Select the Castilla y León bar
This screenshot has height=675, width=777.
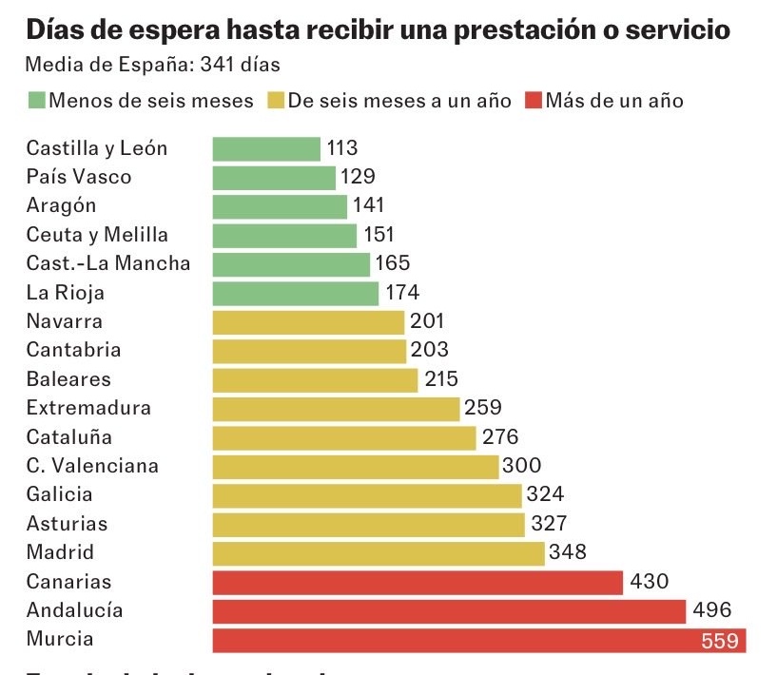(266, 148)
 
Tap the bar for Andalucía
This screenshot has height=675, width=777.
(449, 611)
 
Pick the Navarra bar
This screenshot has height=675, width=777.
(308, 322)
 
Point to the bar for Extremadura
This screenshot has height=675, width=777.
(336, 409)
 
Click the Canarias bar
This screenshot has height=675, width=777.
(418, 582)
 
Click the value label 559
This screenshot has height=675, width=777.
(720, 641)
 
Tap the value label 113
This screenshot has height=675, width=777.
(341, 148)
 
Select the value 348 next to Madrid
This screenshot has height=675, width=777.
(568, 552)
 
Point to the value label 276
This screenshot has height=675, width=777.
(499, 437)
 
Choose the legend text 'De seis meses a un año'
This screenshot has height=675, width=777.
(399, 101)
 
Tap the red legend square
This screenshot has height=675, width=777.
(533, 101)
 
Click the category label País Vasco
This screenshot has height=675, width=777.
(79, 177)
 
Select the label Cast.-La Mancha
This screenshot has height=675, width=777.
(108, 263)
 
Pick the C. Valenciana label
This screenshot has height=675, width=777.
(92, 466)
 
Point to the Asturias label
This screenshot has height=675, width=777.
(67, 524)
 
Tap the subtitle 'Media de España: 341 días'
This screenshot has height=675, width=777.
(152, 66)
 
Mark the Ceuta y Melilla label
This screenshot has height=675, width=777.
(97, 235)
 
